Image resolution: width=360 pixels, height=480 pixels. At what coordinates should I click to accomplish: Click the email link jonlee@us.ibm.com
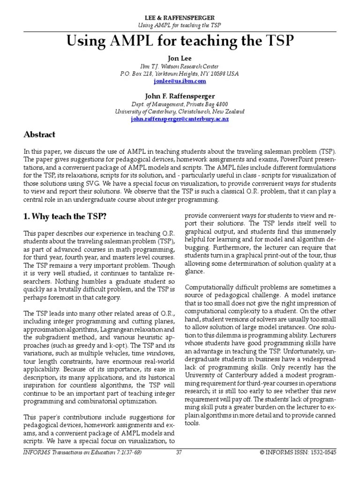pos(180,81)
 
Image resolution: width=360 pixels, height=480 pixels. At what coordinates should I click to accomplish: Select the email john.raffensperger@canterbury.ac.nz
pos(180,120)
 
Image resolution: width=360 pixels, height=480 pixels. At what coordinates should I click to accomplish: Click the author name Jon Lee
pos(180,58)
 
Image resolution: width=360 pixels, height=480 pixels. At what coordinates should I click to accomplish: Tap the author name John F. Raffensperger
pos(180,96)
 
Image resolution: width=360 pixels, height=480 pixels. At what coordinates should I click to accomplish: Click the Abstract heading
pos(39,135)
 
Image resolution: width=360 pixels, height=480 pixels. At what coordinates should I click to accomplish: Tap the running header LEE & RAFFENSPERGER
pos(180,17)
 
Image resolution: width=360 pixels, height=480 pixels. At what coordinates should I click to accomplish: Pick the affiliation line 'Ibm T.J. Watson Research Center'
pos(180,66)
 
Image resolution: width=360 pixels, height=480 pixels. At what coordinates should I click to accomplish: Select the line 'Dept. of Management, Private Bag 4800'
pos(180,104)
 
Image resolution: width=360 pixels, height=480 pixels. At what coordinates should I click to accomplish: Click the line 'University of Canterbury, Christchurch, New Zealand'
pos(180,112)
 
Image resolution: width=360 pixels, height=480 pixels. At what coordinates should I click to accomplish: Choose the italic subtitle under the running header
pos(180,24)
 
